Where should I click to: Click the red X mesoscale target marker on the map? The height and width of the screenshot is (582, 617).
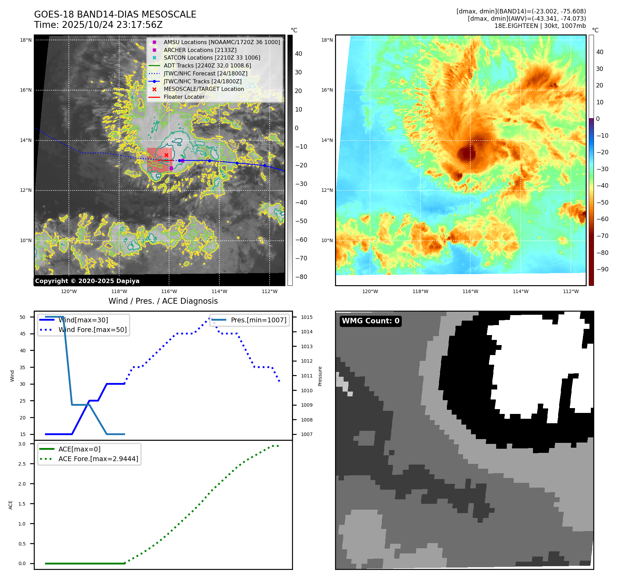(x=166, y=155)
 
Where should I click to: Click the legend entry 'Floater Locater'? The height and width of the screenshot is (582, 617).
(x=184, y=97)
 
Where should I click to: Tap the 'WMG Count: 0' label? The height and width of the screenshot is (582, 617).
(x=370, y=321)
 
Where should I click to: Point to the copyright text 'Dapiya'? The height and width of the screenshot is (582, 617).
(x=128, y=281)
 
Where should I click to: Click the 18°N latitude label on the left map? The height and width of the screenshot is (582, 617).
(x=26, y=40)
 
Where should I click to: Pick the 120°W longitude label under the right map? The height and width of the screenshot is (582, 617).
(x=370, y=291)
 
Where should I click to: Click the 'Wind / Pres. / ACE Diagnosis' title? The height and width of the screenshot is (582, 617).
(x=163, y=301)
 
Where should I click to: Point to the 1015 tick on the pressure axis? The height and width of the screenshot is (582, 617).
(x=307, y=317)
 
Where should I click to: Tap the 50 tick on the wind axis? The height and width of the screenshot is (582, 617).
(x=23, y=317)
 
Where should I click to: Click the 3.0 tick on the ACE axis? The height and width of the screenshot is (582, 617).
(x=22, y=444)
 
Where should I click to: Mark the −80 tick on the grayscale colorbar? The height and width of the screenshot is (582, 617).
(x=301, y=277)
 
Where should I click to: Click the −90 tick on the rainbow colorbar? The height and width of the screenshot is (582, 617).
(x=603, y=269)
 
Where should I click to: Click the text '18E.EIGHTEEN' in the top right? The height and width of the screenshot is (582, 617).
(x=516, y=26)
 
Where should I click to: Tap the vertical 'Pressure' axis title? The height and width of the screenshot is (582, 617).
(x=320, y=376)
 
